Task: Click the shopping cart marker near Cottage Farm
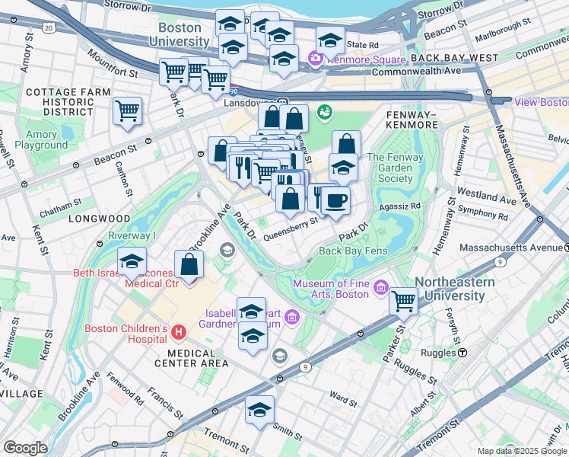click(x=127, y=110)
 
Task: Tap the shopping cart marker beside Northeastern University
click(x=403, y=300)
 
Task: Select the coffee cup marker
click(x=335, y=200)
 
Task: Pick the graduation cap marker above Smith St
click(x=260, y=409)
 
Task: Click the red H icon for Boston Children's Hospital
click(x=179, y=332)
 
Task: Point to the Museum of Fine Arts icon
click(x=381, y=290)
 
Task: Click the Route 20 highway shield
click(x=49, y=27)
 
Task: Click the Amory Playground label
click(x=41, y=139)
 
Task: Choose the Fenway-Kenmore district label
click(x=412, y=119)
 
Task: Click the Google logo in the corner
click(x=25, y=448)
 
